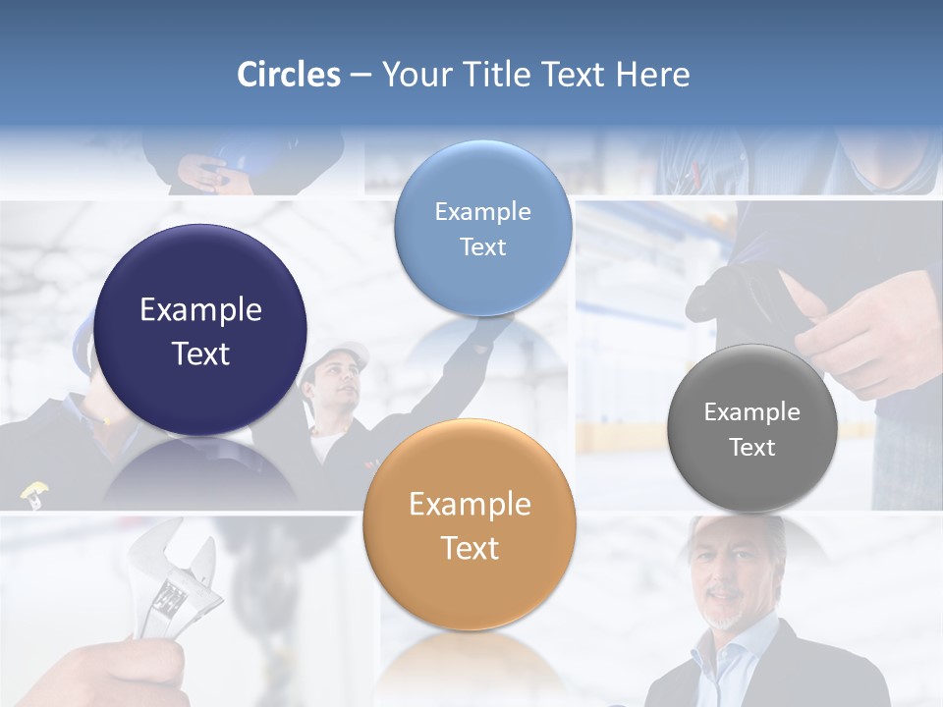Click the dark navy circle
[200, 330]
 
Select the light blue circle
[482, 228]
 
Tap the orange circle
[470, 524]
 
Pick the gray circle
[751, 428]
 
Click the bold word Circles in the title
[288, 75]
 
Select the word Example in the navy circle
[200, 310]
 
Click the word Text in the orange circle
[470, 548]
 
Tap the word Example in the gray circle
[751, 412]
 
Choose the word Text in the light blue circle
[482, 246]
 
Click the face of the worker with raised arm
[339, 385]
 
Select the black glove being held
[742, 295]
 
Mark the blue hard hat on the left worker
[84, 339]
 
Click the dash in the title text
[360, 76]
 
